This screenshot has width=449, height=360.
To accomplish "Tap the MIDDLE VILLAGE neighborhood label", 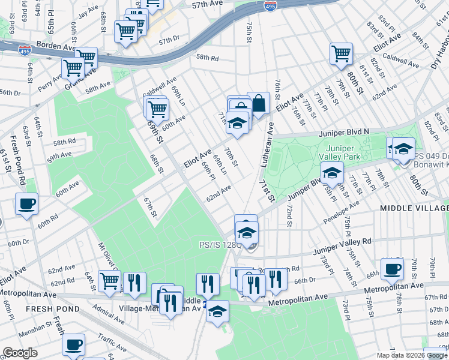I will (x=412, y=207).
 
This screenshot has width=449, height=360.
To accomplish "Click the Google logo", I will (x=20, y=353).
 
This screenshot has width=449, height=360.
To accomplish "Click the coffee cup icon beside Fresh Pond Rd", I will (x=26, y=204).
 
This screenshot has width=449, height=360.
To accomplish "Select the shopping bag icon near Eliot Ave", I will (x=259, y=103).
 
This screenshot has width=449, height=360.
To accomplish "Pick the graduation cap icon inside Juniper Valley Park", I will (x=331, y=173).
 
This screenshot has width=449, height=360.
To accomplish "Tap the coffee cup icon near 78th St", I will (x=392, y=269).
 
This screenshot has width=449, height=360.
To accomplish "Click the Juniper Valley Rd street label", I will (x=345, y=244).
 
